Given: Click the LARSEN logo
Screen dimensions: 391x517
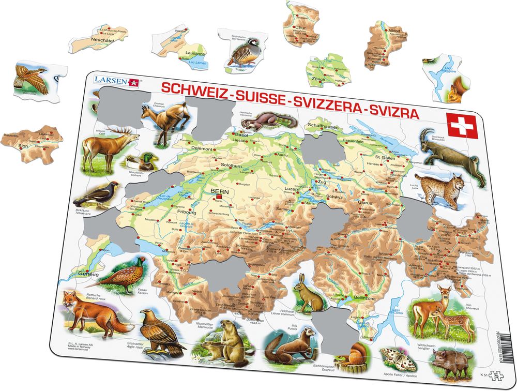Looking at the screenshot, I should point(117,81).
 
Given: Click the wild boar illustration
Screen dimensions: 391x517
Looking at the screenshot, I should point(446,357).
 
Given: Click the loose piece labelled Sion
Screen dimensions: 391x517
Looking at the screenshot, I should point(32,144).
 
